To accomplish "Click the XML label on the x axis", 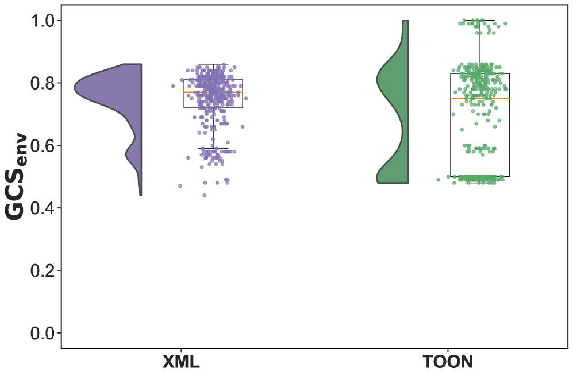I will point(182,362).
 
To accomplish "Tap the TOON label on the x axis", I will point(448,362).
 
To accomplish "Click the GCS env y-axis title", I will point(16,176).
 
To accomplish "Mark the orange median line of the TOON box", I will point(480,99).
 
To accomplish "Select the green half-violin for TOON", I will point(394,115).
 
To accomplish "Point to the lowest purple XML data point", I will point(204,195).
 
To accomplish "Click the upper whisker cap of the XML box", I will point(213,64).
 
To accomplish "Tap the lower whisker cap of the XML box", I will point(213,149).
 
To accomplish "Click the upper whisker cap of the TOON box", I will point(480,20).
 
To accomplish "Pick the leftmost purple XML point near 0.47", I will point(180,186).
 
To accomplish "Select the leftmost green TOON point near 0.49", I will point(439,180).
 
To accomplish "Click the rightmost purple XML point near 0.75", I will point(246,99).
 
